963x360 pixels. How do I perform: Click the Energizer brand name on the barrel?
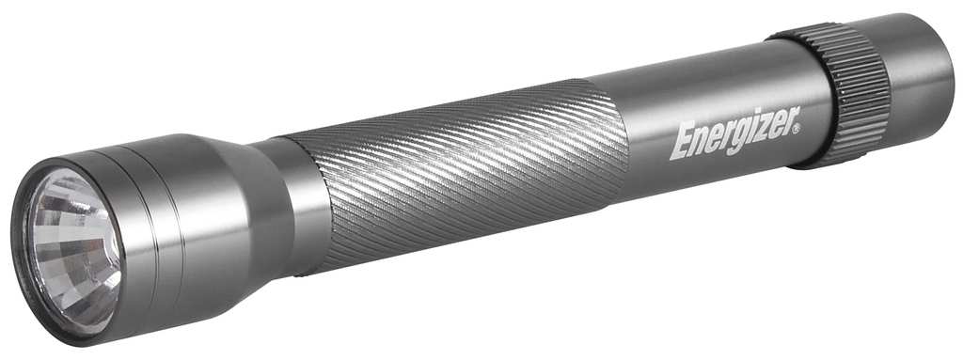735,133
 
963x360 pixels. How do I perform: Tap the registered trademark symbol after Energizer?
797,129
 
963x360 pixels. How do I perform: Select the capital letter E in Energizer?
681,143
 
